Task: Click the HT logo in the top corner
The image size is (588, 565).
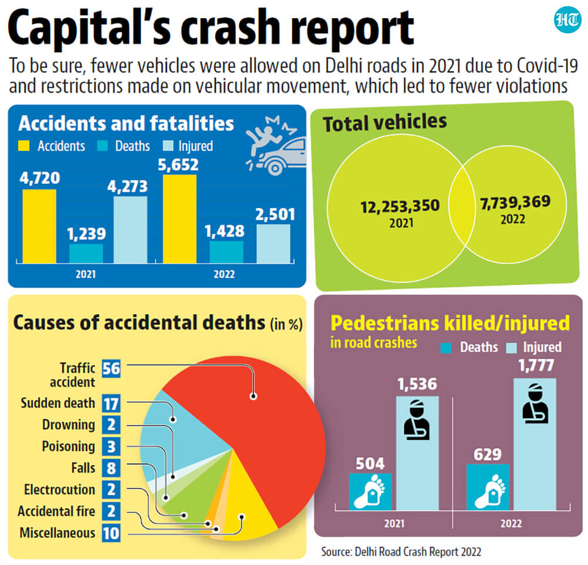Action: point(567,19)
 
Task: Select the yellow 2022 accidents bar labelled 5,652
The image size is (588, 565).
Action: point(179,219)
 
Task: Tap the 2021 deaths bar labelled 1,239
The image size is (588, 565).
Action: point(86,254)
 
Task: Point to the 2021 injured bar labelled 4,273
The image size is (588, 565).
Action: point(131,230)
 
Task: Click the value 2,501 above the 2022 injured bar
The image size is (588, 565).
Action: point(275,214)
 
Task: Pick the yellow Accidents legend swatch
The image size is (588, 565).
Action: point(24,146)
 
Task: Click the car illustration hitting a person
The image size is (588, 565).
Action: point(276,146)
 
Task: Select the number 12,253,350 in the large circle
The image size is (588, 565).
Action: point(400,207)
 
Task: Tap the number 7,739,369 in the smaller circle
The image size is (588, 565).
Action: point(515,202)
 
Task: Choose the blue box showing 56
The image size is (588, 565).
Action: point(111,369)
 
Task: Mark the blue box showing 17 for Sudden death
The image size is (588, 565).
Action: point(111,403)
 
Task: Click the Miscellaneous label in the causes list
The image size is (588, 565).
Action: point(58,533)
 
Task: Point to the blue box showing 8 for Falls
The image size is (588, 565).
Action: point(111,468)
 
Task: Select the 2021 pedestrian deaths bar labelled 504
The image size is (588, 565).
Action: point(370,492)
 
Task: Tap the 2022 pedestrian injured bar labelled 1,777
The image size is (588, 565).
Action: point(534,444)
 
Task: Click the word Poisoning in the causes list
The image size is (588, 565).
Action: point(69,446)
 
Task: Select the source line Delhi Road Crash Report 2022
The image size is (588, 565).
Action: point(401,551)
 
